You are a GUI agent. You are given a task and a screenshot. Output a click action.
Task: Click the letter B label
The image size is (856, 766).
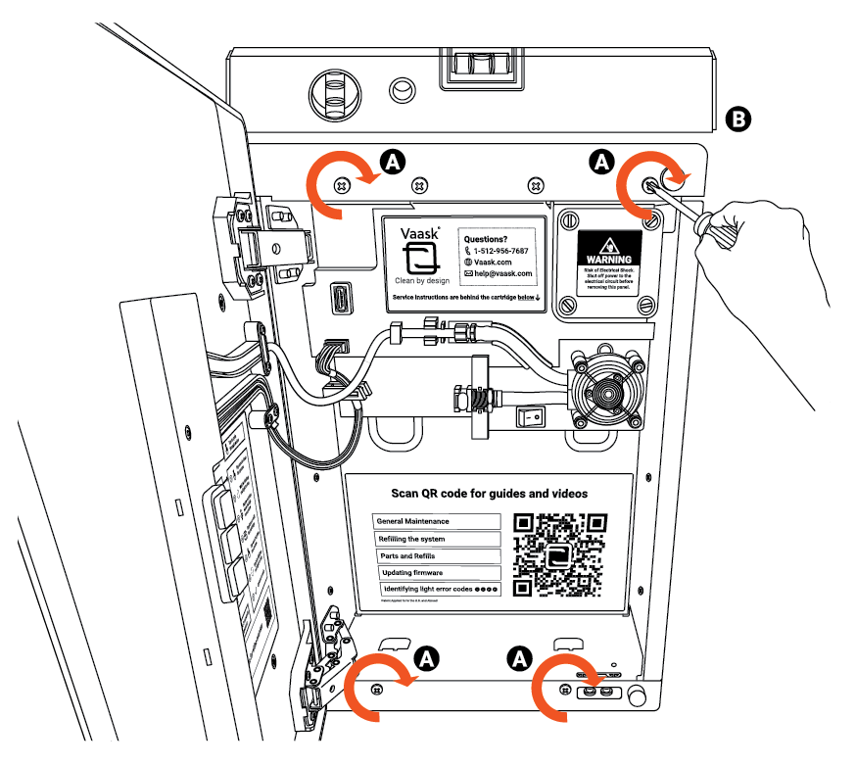pyautogui.click(x=738, y=120)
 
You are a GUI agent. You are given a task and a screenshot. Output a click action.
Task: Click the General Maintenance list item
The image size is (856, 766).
pyautogui.click(x=437, y=522)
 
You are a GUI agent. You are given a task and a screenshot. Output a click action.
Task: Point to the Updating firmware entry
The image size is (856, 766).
pyautogui.click(x=440, y=572)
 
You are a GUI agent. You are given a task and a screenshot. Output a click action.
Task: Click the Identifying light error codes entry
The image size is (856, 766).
pyautogui.click(x=441, y=589)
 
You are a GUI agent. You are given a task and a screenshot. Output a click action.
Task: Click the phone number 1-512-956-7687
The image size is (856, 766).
pyautogui.click(x=499, y=251)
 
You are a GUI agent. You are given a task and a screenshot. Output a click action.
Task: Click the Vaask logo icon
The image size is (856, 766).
pyautogui.click(x=422, y=259)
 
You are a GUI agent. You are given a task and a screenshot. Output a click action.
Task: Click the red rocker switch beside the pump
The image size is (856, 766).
pyautogui.click(x=531, y=416)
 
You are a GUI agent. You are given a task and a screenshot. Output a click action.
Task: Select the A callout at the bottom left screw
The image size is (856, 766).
pyautogui.click(x=426, y=657)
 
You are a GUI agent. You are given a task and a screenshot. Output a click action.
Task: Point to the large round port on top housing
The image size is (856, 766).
pyautogui.click(x=335, y=95)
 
